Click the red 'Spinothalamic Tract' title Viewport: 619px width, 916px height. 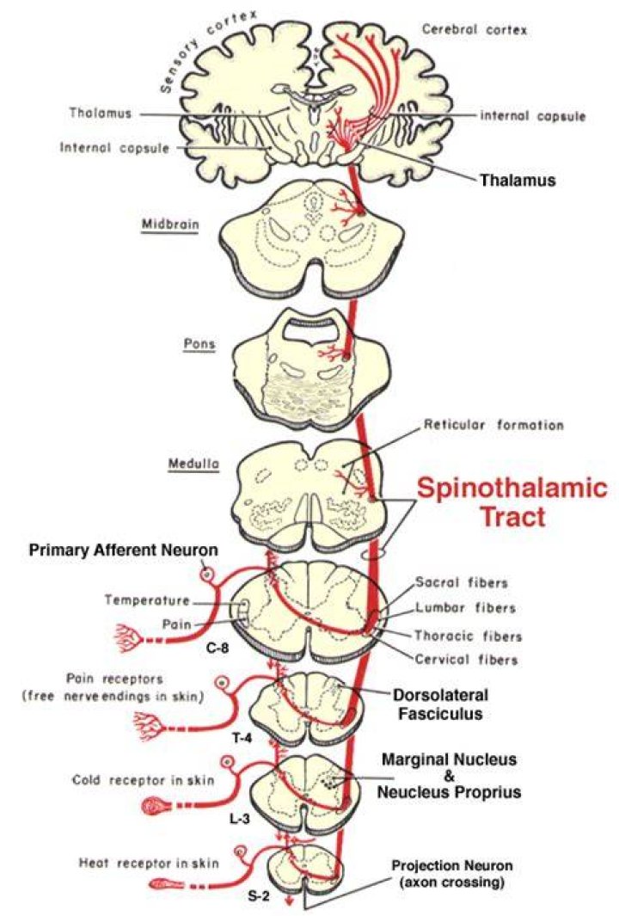[x=512, y=502]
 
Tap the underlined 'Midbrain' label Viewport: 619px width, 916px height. [x=170, y=224]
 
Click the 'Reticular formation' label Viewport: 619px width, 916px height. [x=493, y=425]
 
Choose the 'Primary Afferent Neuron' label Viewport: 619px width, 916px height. [x=123, y=550]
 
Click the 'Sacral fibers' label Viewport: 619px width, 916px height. [x=462, y=582]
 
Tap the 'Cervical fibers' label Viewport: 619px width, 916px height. [x=466, y=660]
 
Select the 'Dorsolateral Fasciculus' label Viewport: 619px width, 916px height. [x=440, y=704]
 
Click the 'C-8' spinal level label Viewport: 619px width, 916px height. [x=217, y=648]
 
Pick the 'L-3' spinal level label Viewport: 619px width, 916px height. [x=239, y=819]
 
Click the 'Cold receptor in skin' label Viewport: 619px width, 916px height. [x=143, y=780]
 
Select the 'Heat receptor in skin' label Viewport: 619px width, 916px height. [x=149, y=863]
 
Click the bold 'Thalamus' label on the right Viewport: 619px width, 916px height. [x=518, y=180]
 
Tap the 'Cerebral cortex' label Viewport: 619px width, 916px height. [x=475, y=29]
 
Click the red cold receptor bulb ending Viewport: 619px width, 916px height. [x=156, y=808]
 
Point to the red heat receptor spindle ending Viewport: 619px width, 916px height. [x=167, y=884]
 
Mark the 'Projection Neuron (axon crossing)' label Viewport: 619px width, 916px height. [x=451, y=873]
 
